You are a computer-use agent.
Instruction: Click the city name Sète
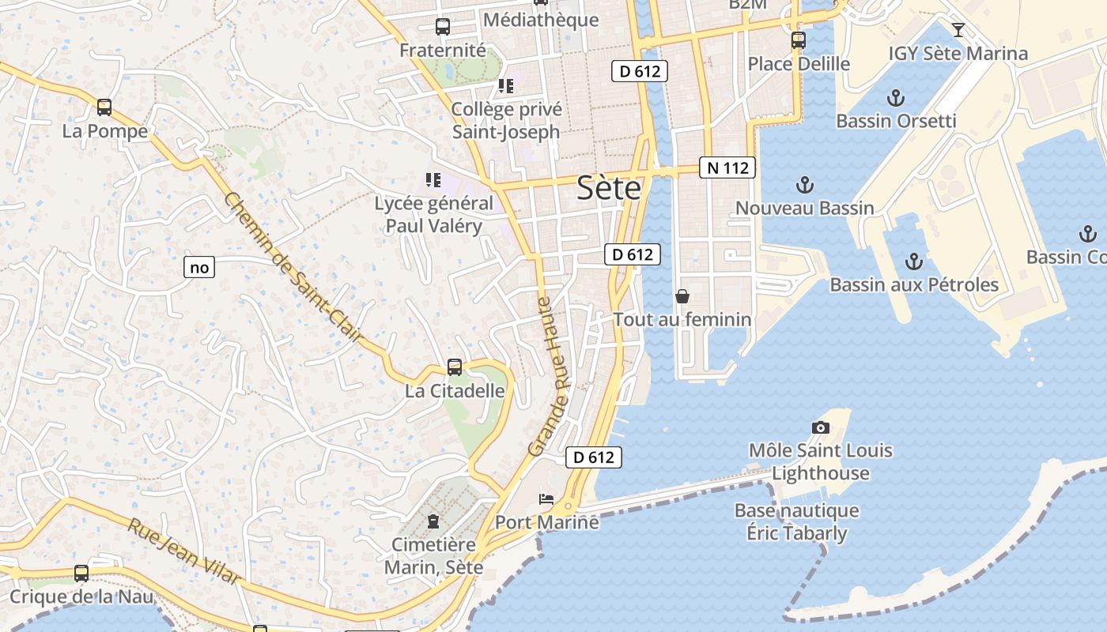pyautogui.click(x=609, y=188)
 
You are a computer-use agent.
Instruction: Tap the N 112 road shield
pyautogui.click(x=727, y=167)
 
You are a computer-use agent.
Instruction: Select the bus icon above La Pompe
pyautogui.click(x=104, y=107)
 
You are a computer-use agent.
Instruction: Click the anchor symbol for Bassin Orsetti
pyautogui.click(x=896, y=98)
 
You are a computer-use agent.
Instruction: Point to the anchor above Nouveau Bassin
pyautogui.click(x=804, y=185)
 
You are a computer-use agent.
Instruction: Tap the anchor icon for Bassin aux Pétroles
pyautogui.click(x=914, y=261)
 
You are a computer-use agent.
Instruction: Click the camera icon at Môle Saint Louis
pyautogui.click(x=821, y=427)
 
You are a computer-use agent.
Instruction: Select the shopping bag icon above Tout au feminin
pyautogui.click(x=682, y=296)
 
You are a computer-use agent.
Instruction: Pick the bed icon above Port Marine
pyautogui.click(x=546, y=498)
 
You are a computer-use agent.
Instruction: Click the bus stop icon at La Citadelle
pyautogui.click(x=455, y=367)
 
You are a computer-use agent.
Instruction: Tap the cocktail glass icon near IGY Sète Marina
pyautogui.click(x=958, y=30)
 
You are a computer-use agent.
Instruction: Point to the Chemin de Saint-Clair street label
pyautogui.click(x=293, y=269)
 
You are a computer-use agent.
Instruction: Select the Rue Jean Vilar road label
pyautogui.click(x=184, y=551)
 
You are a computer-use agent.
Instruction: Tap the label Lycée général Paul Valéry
pyautogui.click(x=433, y=214)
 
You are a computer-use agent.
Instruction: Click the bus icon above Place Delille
pyautogui.click(x=799, y=39)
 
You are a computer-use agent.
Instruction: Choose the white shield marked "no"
pyautogui.click(x=199, y=267)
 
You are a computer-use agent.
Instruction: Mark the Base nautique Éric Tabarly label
pyautogui.click(x=796, y=521)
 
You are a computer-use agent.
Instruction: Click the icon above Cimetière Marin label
pyautogui.click(x=433, y=521)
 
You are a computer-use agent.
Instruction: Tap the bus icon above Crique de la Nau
pyautogui.click(x=81, y=574)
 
